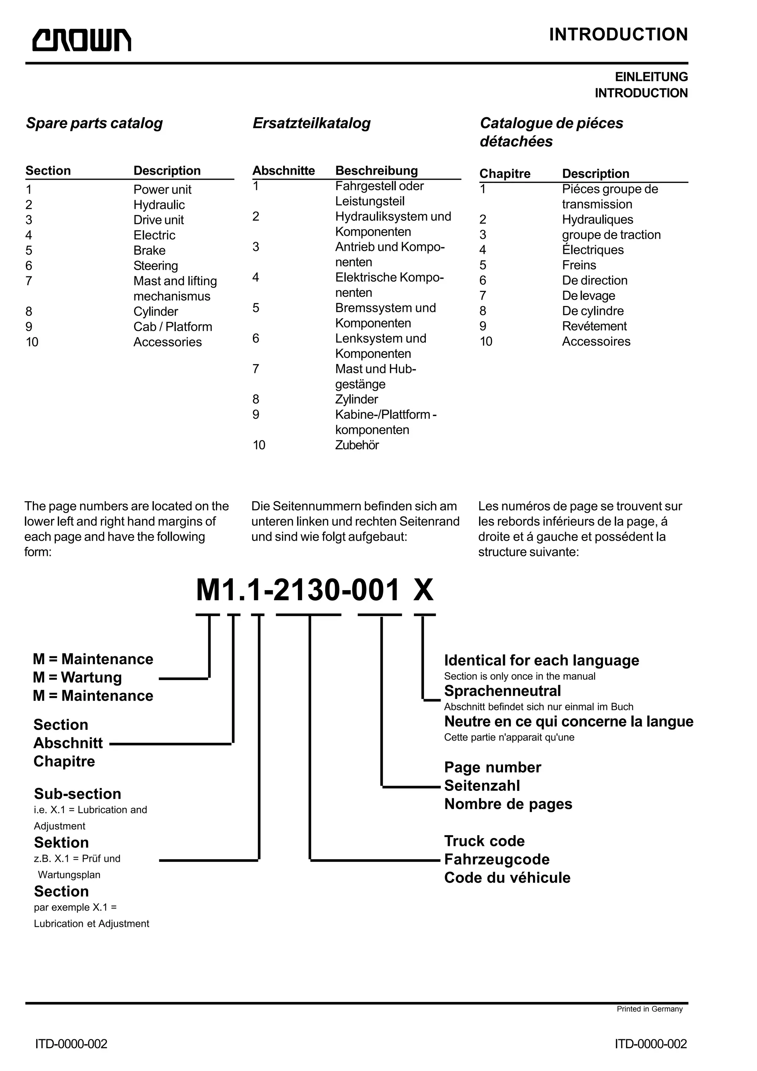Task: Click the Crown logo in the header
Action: point(82,40)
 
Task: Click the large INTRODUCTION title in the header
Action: point(618,34)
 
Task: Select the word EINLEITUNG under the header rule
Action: point(651,77)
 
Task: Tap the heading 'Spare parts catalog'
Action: point(94,123)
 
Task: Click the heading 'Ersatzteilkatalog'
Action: point(312,123)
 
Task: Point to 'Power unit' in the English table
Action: point(162,189)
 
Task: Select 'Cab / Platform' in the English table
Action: point(173,327)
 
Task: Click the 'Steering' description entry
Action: point(155,265)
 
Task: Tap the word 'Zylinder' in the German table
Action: point(356,399)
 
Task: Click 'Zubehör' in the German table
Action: point(357,445)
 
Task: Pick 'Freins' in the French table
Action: point(579,265)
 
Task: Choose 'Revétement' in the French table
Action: point(594,326)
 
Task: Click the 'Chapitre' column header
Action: point(505,174)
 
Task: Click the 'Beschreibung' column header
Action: point(376,170)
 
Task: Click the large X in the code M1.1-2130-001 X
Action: point(424,590)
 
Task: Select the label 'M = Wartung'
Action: point(77,677)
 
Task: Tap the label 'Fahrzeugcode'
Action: point(497,859)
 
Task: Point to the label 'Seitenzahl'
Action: point(482,786)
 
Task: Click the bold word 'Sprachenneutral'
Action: point(502,691)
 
